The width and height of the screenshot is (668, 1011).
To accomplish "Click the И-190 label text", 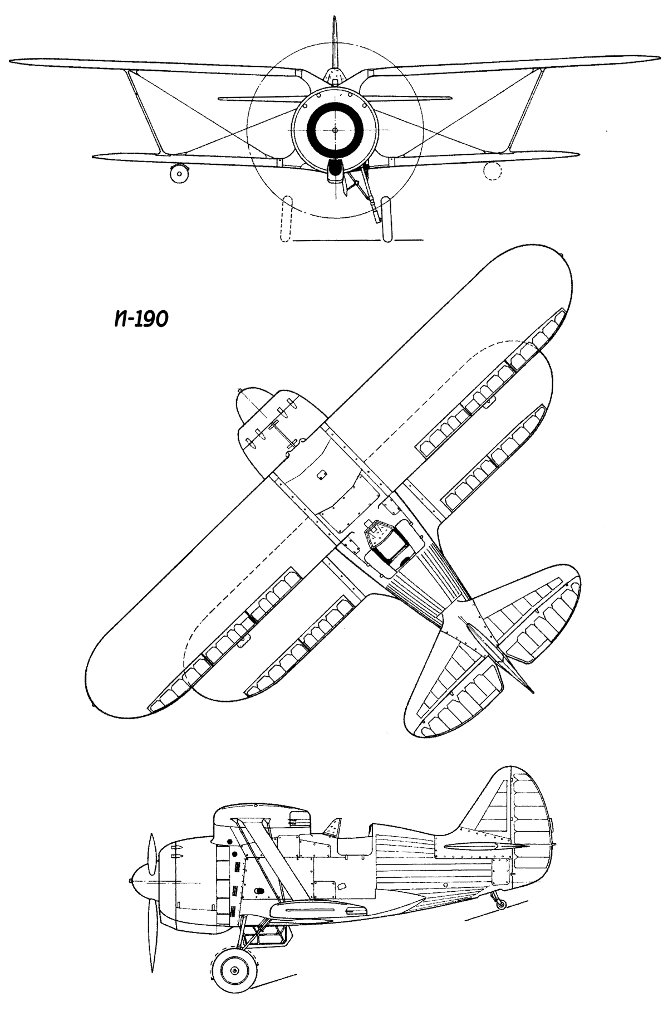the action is click(x=139, y=319).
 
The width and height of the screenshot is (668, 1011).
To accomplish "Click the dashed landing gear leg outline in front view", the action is click(x=287, y=219).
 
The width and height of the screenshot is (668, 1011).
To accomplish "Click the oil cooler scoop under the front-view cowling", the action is click(x=335, y=169).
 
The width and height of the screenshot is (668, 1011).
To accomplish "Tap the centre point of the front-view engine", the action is click(x=335, y=130).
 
